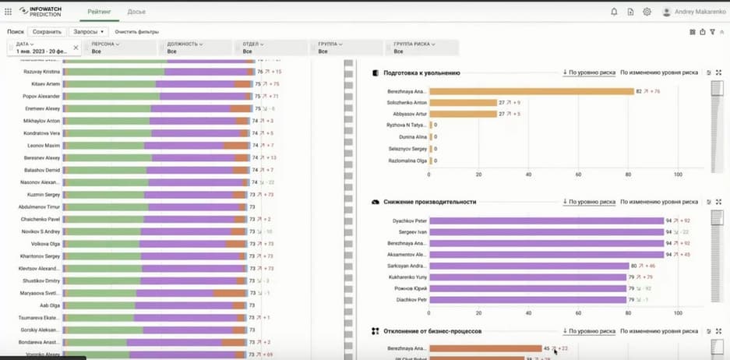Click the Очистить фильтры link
pos(136,32)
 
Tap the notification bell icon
pos(614,12)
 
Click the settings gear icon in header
pos(647,12)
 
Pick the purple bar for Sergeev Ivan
pos(545,232)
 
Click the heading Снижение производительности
pos(429,202)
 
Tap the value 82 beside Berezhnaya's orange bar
pos(639,91)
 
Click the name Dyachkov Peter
pos(409,221)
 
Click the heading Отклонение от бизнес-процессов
pos(432,331)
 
